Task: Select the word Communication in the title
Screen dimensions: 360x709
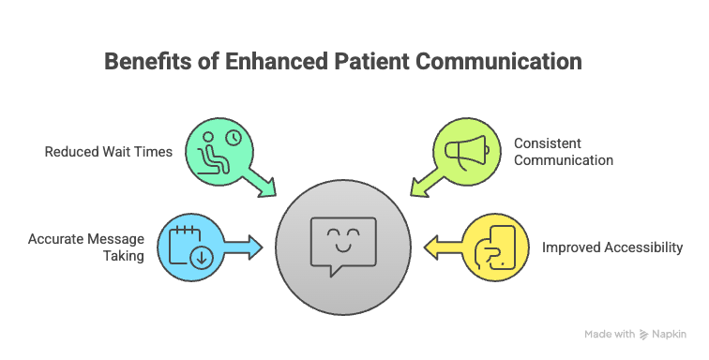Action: (x=502, y=63)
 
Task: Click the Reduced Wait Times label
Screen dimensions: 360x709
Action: (x=108, y=151)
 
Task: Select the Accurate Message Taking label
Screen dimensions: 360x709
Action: (x=87, y=247)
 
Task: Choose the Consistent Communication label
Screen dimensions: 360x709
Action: (x=563, y=152)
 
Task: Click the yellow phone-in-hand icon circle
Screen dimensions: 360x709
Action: (x=493, y=247)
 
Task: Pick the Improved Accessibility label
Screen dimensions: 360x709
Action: (x=612, y=248)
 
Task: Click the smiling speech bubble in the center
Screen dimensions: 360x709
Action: (x=343, y=245)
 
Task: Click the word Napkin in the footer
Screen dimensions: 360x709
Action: (x=672, y=334)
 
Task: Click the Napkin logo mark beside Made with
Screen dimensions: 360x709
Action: (x=644, y=334)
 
